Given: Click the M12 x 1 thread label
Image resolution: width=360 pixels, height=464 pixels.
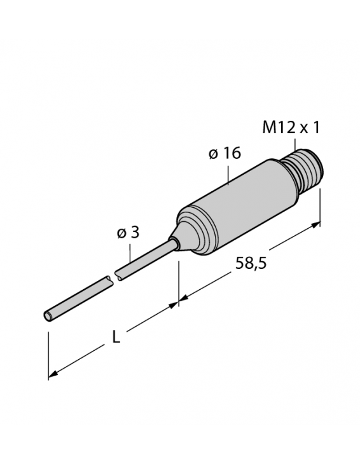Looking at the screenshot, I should point(291,127).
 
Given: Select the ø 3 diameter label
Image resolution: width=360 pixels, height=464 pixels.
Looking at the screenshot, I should point(127,233).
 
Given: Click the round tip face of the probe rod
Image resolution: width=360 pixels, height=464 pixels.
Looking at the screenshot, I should point(49,316).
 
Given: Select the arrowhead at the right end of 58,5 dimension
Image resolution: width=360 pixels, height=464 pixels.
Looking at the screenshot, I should point(316,224).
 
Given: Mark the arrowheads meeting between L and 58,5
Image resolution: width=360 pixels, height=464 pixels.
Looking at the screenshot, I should point(178,304).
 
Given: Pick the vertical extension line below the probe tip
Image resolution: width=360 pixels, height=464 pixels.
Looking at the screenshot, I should point(49,350).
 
